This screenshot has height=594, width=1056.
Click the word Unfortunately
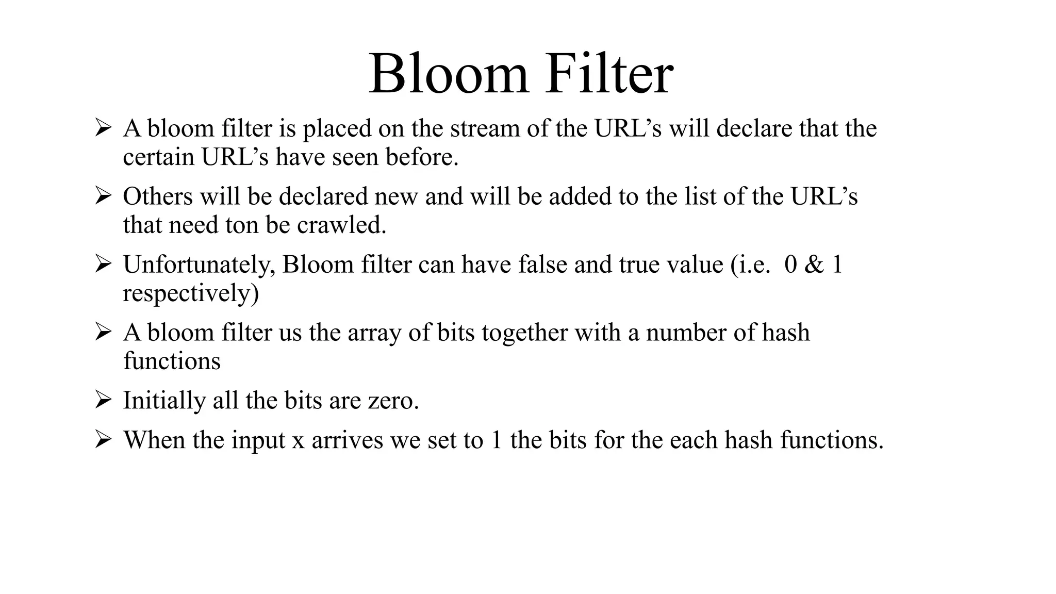pos(199,265)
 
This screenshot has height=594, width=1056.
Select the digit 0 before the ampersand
pos(790,265)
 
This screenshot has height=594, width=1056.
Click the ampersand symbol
pos(814,265)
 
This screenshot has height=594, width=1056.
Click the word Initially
pos(164,401)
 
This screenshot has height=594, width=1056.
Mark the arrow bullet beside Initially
pos(103,400)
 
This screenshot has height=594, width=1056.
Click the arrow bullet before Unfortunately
pos(103,264)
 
